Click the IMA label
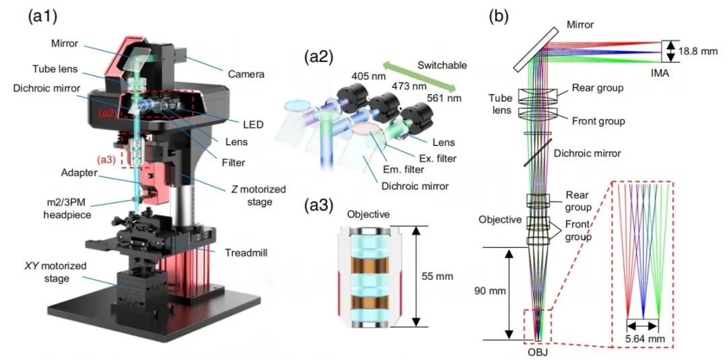(x=659, y=73)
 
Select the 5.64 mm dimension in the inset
(x=642, y=338)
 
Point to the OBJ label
(x=538, y=351)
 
